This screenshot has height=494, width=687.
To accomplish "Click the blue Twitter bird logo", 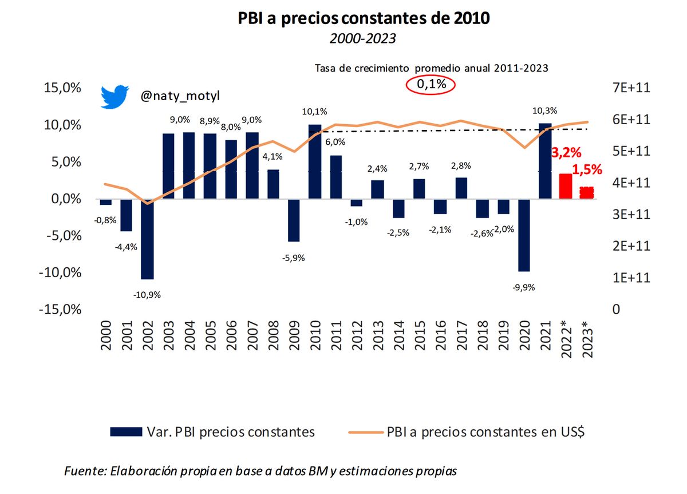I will tap(115, 97).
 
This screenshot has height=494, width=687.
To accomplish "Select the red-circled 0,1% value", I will tap(430, 85).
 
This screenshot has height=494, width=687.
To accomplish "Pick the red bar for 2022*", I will tap(565, 186).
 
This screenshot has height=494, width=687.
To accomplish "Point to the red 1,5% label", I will tap(587, 170).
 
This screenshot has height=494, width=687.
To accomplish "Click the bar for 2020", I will tap(524, 235).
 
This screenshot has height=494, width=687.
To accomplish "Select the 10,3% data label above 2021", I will tap(544, 110).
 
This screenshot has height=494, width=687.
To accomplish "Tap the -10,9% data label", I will tap(147, 295).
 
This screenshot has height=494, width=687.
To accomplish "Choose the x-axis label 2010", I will tap(315, 344).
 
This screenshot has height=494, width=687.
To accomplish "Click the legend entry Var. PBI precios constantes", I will tap(212, 432).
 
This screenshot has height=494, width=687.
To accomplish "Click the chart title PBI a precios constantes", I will tap(364, 18).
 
